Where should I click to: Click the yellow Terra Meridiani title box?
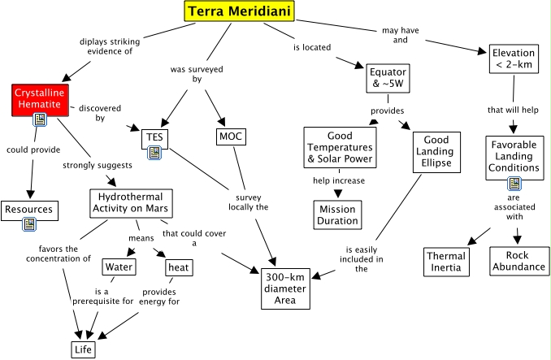(239, 11)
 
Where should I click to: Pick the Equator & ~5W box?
(385, 78)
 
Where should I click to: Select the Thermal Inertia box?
(447, 262)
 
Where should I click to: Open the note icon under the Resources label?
(28, 223)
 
